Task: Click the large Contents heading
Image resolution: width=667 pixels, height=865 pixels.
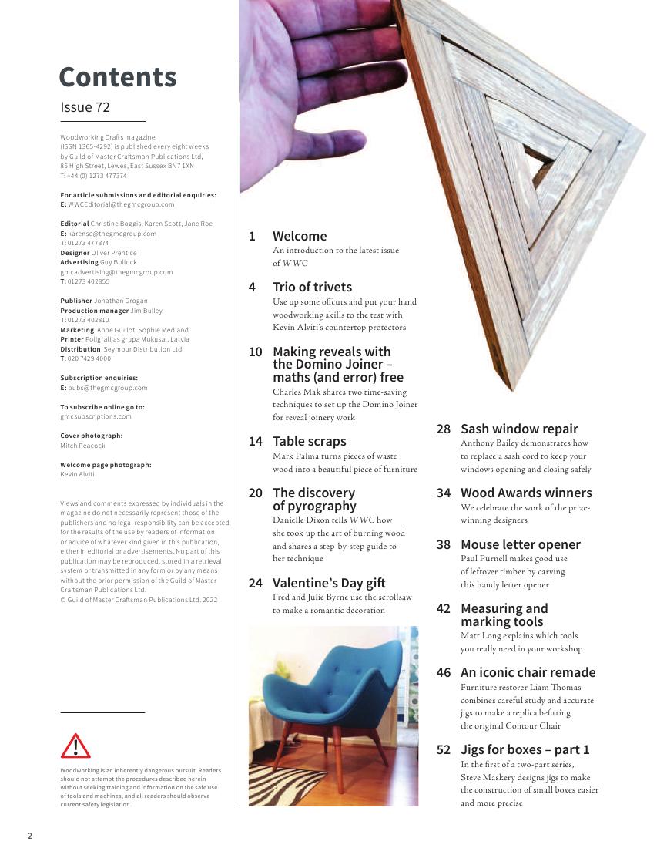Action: [x=117, y=77]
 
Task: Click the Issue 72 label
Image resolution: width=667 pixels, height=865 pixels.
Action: [x=85, y=107]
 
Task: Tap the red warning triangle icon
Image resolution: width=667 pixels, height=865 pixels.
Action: [x=75, y=746]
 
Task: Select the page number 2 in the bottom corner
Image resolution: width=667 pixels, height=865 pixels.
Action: [x=30, y=836]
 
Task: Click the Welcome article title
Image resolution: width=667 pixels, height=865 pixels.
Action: [x=300, y=236]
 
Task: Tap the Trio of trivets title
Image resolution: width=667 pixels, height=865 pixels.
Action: [x=312, y=287]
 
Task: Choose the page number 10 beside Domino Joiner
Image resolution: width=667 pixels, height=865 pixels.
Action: [x=256, y=352]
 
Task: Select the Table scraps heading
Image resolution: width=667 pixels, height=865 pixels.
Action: [x=309, y=441]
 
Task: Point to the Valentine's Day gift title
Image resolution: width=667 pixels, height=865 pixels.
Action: [x=329, y=583]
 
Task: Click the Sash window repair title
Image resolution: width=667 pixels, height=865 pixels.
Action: [x=518, y=429]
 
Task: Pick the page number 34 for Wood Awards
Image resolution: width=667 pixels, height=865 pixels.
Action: [x=444, y=493]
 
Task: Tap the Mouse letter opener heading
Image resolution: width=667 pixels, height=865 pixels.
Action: [x=520, y=544]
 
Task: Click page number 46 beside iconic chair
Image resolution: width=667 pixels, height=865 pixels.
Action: [x=444, y=672]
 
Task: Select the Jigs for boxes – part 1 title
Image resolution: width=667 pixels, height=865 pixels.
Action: [x=525, y=749]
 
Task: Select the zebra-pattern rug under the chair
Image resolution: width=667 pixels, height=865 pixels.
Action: [x=277, y=786]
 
